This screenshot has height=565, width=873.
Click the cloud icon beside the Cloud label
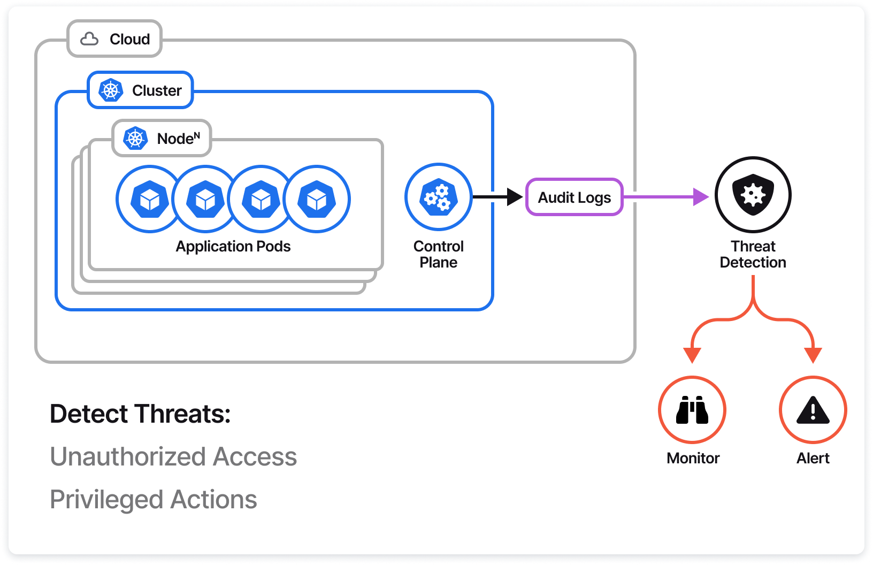click(x=89, y=39)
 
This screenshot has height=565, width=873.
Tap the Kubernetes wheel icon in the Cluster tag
click(x=111, y=90)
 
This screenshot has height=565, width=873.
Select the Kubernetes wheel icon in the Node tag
click(x=135, y=139)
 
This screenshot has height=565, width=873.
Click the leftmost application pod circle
click(x=149, y=199)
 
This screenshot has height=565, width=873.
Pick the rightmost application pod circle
click(x=317, y=199)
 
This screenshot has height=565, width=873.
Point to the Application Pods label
click(x=233, y=246)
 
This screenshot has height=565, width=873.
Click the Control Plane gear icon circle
click(x=438, y=197)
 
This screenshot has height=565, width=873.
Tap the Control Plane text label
click(x=438, y=254)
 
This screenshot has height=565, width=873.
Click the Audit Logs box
click(x=575, y=197)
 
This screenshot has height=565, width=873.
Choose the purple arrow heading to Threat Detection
click(x=666, y=197)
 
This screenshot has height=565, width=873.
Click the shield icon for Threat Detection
click(x=753, y=195)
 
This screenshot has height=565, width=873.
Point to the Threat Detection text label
click(x=753, y=254)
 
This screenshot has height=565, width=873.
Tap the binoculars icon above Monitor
click(x=692, y=410)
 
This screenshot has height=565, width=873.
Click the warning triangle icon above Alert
click(x=813, y=410)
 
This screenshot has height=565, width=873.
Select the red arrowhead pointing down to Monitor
click(x=692, y=355)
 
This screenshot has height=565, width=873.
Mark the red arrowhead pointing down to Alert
click(x=813, y=355)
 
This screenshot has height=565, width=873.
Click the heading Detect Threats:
click(x=140, y=414)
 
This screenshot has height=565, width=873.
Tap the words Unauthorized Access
click(x=173, y=456)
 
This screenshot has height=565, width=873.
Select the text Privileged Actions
click(x=154, y=499)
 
